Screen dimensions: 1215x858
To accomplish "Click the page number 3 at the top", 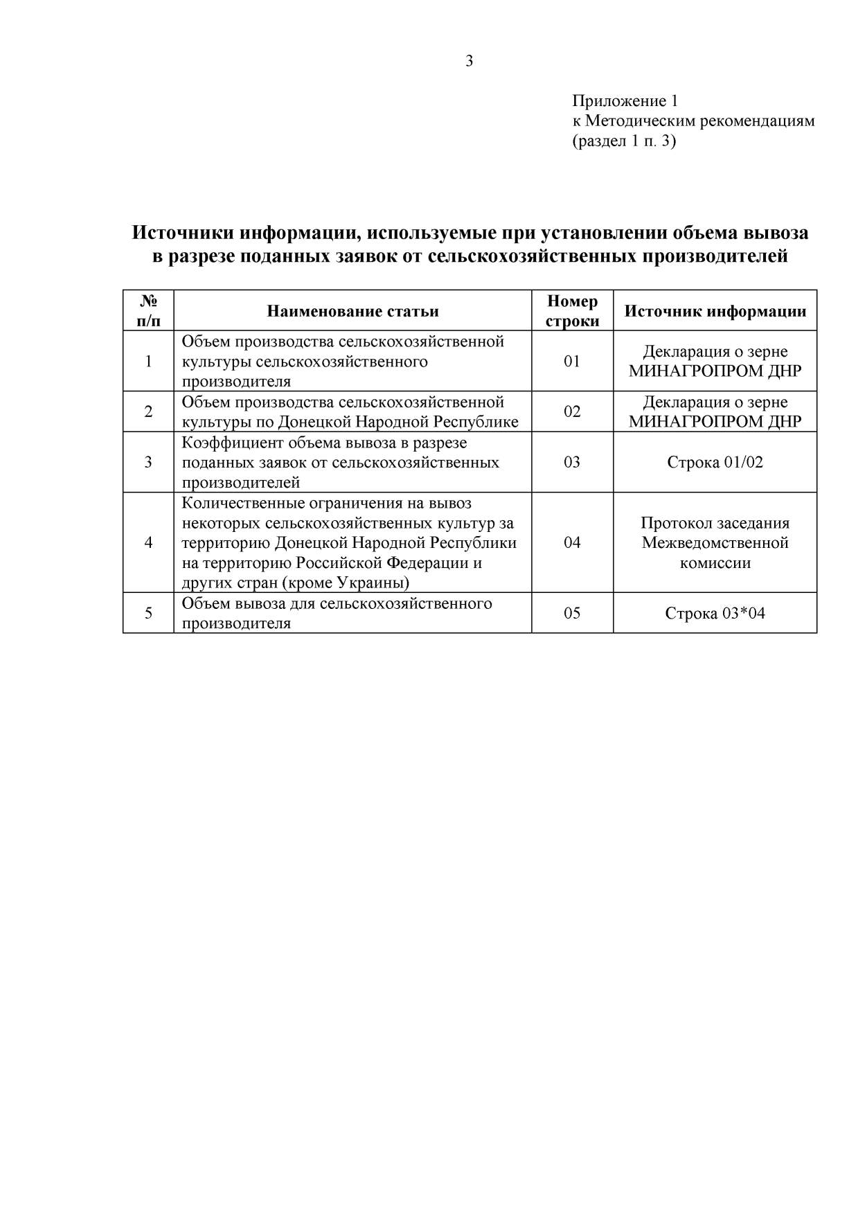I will tap(470, 62).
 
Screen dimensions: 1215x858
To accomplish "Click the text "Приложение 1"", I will tap(625, 102).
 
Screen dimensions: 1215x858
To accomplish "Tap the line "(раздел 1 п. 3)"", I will tap(624, 142).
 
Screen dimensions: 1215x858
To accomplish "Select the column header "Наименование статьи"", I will tap(352, 311).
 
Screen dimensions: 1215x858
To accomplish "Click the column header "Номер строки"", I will tap(572, 311).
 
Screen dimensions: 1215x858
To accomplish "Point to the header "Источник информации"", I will tap(715, 311).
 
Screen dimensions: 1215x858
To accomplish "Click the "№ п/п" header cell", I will tap(148, 311).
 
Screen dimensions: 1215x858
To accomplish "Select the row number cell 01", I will tap(572, 361).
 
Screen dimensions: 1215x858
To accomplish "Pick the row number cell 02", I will tap(572, 411).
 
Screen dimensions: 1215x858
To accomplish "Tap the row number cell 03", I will tap(572, 462).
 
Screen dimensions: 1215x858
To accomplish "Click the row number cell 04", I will tap(572, 542).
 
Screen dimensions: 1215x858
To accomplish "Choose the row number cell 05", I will tap(572, 613).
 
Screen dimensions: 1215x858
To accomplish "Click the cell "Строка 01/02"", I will tap(715, 462).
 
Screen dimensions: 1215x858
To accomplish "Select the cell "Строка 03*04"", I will tap(715, 613).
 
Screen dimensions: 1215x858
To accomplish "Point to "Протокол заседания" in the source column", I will tap(715, 523).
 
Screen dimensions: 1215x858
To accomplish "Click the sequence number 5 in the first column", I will tap(148, 613).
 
